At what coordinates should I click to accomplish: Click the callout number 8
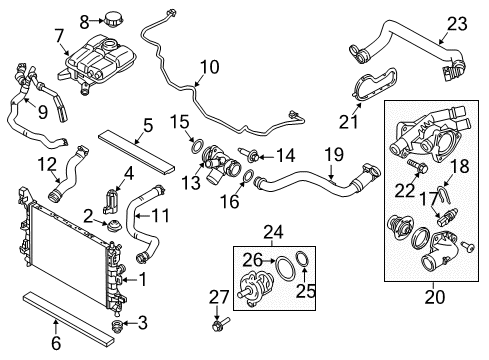pos(85,22)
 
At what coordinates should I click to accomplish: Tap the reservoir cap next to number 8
pos(114,19)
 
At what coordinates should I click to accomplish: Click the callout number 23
pos(457,24)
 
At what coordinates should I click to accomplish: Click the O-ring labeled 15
pos(197,146)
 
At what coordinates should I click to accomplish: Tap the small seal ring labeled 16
pos(248,177)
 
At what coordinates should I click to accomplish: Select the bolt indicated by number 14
pos(249,154)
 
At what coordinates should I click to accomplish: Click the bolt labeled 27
pos(220,324)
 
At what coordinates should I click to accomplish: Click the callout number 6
pos(56,343)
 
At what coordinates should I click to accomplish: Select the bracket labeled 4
pos(111,201)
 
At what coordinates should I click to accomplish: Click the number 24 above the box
pos(273,232)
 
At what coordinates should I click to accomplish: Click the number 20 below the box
pos(435,297)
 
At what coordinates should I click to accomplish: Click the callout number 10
pos(210,67)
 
